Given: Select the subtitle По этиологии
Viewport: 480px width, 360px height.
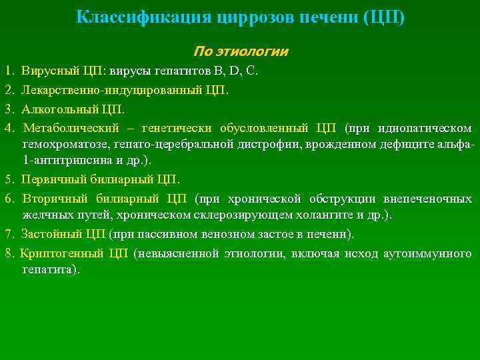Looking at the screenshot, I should pyautogui.click(x=241, y=51).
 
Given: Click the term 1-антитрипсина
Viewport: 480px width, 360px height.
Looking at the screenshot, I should pyautogui.click(x=61, y=160).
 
